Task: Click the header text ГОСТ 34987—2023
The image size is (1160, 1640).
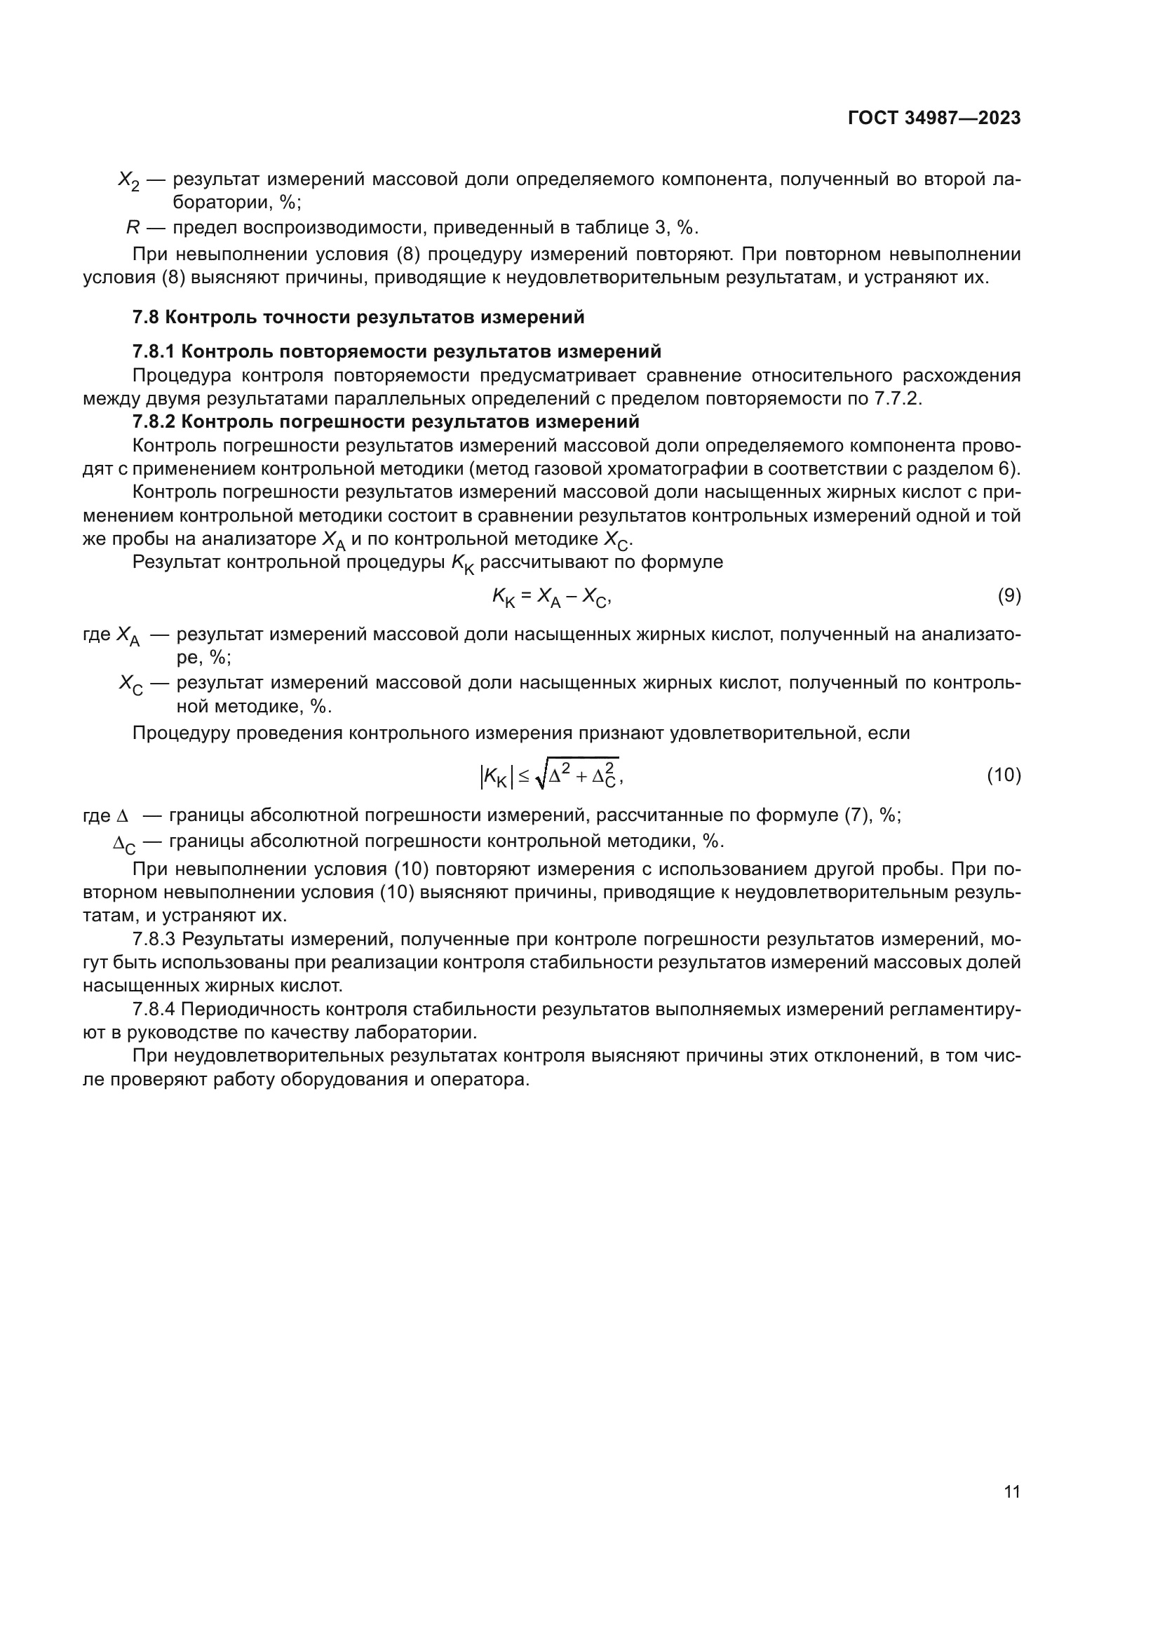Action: (x=933, y=118)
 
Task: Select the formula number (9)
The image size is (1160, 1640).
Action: (x=1009, y=596)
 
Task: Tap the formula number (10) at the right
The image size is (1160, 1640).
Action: (x=1004, y=775)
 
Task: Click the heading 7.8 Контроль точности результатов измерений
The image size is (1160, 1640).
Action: (x=358, y=317)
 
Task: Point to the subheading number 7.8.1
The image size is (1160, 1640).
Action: (x=154, y=351)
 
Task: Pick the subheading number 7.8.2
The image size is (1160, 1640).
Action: (x=154, y=421)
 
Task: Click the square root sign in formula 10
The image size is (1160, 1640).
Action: (x=541, y=777)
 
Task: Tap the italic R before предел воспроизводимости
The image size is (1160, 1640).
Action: (x=133, y=228)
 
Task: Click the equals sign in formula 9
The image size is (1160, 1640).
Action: (x=526, y=597)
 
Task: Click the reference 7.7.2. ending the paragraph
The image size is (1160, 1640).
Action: (x=898, y=398)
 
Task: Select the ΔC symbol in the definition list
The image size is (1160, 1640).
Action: (x=123, y=844)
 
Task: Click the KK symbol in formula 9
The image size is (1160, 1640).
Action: (x=502, y=598)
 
